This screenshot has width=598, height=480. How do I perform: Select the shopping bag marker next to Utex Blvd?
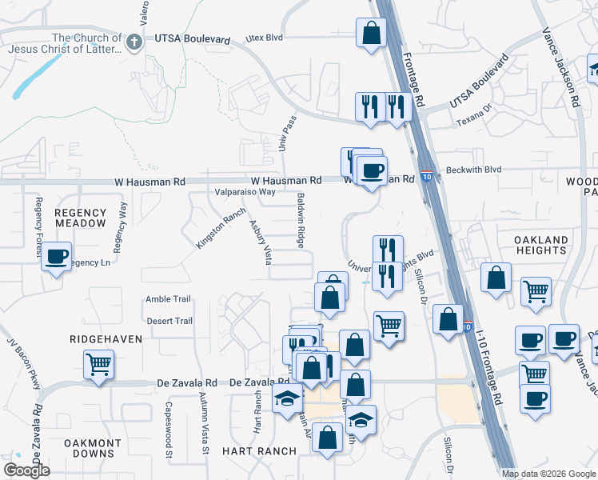[371, 34]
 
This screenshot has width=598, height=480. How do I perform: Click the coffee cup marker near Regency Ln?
[56, 258]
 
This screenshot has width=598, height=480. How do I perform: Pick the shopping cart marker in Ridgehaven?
[99, 366]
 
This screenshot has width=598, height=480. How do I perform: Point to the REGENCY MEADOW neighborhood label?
[80, 218]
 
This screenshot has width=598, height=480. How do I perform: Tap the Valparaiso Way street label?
[245, 192]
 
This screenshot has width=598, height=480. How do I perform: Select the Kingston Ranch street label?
[220, 228]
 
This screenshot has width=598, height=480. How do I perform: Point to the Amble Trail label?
[168, 299]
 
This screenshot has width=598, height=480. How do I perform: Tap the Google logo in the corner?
[26, 470]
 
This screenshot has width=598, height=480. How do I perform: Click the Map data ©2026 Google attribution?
[548, 474]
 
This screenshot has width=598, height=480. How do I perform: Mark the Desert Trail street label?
[169, 321]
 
